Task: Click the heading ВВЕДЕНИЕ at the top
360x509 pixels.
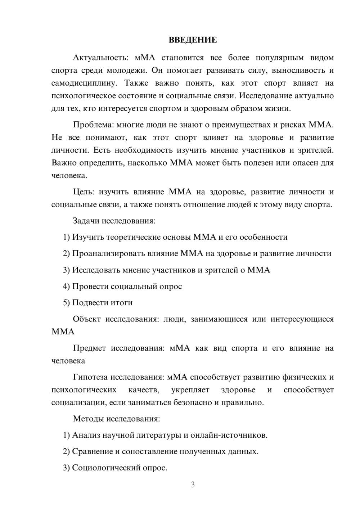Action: click(x=193, y=40)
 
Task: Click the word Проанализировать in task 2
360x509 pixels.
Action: click(x=108, y=253)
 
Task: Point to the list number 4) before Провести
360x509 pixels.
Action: click(x=66, y=287)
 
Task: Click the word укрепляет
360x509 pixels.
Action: click(x=193, y=390)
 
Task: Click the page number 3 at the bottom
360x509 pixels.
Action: click(x=193, y=485)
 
